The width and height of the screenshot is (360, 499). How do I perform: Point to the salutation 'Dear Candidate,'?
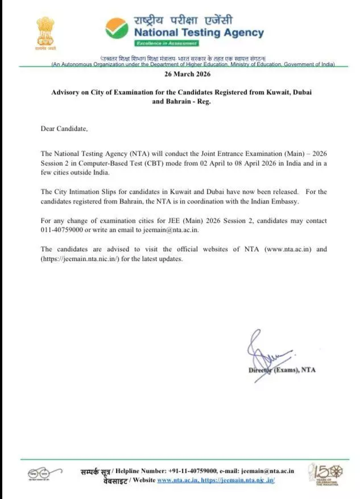[x=65, y=128]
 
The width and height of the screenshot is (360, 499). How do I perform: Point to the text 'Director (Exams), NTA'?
[x=282, y=370]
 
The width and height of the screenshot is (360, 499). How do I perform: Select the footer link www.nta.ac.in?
[x=177, y=480]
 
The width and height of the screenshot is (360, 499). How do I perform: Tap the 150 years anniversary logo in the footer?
[x=322, y=474]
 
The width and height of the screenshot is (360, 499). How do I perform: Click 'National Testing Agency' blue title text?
[x=199, y=32]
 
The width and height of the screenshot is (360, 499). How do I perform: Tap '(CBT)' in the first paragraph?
[x=148, y=164]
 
